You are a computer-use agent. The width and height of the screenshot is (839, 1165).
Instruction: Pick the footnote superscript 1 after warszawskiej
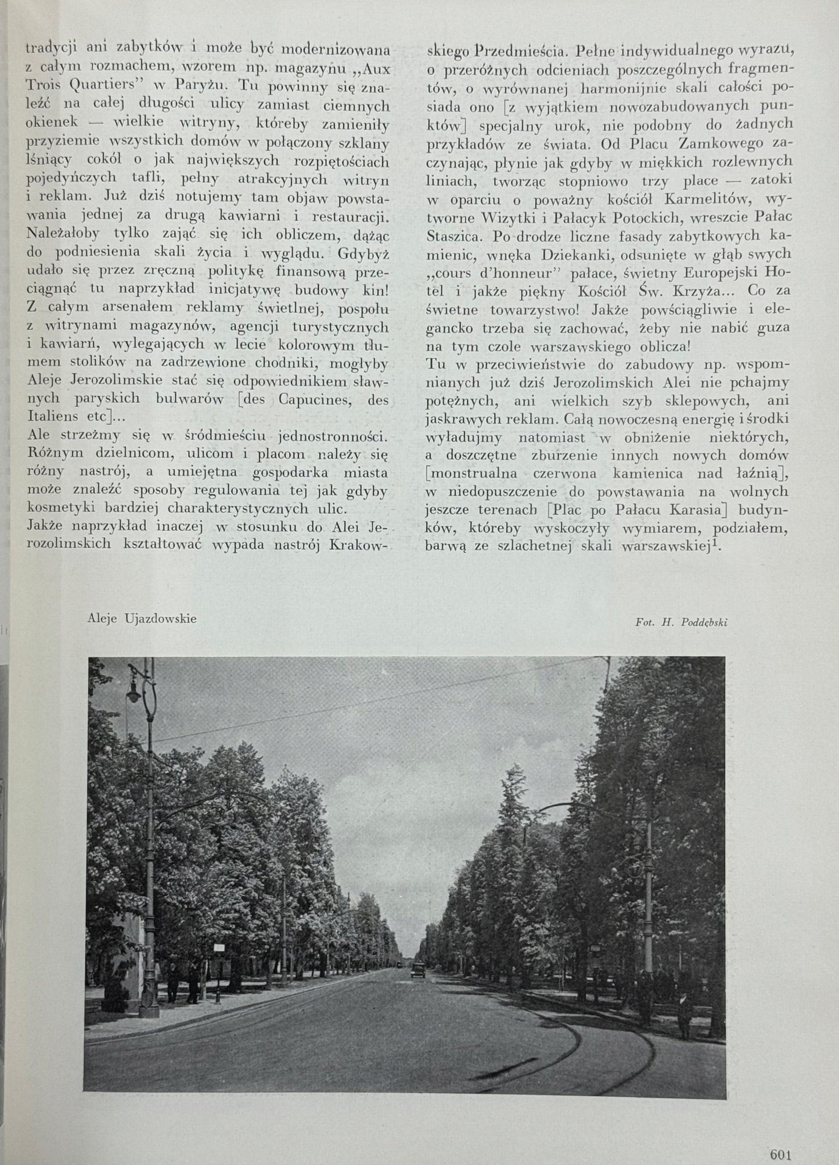(718, 544)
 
